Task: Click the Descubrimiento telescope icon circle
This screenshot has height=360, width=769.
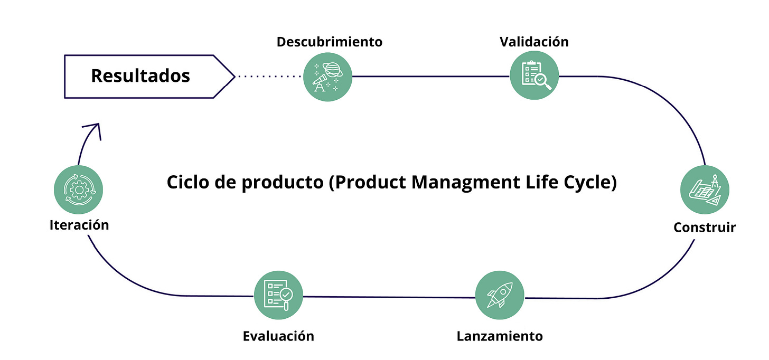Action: coord(328,77)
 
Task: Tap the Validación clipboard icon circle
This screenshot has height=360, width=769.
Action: coord(534,77)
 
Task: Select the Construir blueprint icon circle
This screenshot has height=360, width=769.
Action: coord(705,190)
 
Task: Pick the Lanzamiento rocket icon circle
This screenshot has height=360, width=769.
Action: coord(500,296)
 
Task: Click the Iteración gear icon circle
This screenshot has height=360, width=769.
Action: coord(78,190)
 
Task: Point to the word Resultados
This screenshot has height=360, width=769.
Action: coord(140,75)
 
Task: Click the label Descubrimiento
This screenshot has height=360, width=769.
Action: coord(329,42)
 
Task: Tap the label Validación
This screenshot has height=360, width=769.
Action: coord(534,42)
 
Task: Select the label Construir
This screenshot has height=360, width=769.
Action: coord(705,228)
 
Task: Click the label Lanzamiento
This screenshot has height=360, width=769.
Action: coord(500,336)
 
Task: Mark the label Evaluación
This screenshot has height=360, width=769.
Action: coord(278,336)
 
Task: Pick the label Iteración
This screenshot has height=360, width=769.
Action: coord(79,225)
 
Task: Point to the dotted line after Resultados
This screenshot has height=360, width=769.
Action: coord(269,77)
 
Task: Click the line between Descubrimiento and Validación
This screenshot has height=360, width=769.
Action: coord(430,77)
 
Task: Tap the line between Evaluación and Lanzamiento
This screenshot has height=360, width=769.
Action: coord(388,297)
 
